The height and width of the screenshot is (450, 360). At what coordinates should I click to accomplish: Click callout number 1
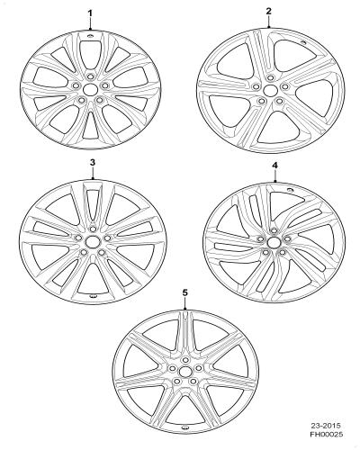coord(90,13)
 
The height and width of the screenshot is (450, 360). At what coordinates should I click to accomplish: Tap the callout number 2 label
coord(268,11)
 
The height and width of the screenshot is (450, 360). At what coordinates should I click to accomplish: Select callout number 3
coord(93,162)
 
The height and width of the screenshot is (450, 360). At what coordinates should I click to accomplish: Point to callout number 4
coord(275,165)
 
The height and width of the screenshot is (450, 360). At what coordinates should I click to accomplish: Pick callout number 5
coord(185,292)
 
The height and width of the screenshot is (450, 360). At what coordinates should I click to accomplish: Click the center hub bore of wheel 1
coord(90,89)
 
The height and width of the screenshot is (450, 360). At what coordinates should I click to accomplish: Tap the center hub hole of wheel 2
coord(269,90)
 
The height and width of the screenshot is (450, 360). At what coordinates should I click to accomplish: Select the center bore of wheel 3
coord(91,241)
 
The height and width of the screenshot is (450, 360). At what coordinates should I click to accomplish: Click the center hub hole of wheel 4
coord(273,242)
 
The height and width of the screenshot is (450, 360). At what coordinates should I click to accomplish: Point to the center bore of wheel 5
coord(184,372)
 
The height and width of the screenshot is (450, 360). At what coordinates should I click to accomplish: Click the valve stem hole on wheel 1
coord(90,37)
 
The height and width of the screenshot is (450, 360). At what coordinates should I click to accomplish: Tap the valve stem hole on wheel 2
coord(303,42)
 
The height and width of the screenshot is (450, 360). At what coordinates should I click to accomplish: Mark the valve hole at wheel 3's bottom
coord(94,296)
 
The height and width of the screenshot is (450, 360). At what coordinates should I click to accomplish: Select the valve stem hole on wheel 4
coord(290,190)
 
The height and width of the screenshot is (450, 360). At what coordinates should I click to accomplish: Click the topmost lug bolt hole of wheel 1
coord(90,76)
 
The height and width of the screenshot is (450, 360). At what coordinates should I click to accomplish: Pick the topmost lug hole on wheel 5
coord(185,360)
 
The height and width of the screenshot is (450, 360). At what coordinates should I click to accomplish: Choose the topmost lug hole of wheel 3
coord(92,229)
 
